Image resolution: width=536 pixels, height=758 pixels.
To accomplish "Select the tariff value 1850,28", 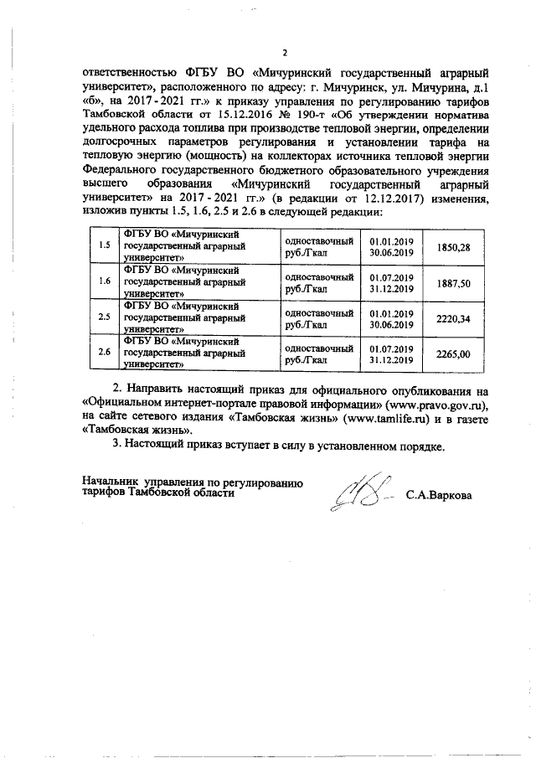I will pyautogui.click(x=454, y=247).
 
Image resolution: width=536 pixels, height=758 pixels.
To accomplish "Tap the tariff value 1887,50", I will pyautogui.click(x=454, y=283).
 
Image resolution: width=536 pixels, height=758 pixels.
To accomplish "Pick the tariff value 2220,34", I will pyautogui.click(x=454, y=319).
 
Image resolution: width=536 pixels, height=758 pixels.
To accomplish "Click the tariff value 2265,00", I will pyautogui.click(x=454, y=354).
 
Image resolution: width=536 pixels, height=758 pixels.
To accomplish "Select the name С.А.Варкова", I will pyautogui.click(x=439, y=495).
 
